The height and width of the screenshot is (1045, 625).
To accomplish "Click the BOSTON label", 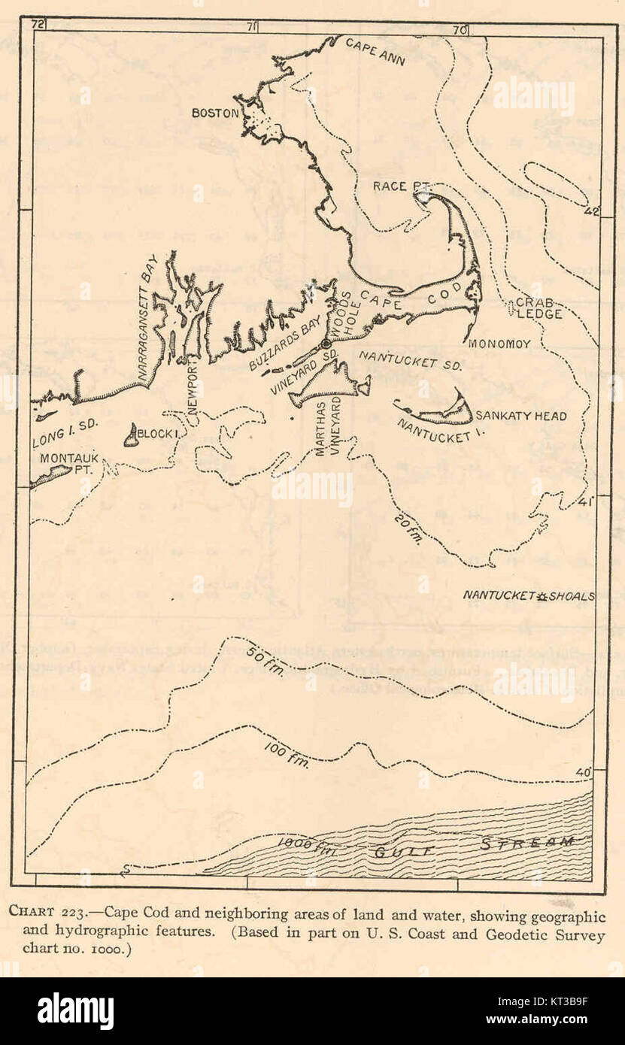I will pyautogui.click(x=215, y=114).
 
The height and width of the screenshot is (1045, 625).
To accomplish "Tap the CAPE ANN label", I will pyautogui.click(x=375, y=51).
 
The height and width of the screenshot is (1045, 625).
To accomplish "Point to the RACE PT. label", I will pyautogui.click(x=400, y=186).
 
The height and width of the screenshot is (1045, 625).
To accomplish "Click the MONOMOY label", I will pyautogui.click(x=499, y=344).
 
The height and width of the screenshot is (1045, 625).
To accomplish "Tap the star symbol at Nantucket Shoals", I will pyautogui.click(x=542, y=595).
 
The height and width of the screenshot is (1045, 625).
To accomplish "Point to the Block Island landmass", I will pyautogui.click(x=132, y=435).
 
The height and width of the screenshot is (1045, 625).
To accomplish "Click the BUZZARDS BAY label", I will pyautogui.click(x=281, y=350).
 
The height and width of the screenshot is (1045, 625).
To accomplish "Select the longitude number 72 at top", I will pyautogui.click(x=35, y=25).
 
